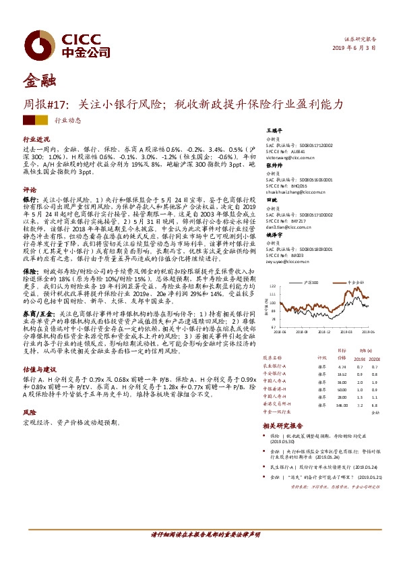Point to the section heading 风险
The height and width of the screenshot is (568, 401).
tap(30, 411)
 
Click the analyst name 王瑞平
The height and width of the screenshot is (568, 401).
tap(274, 130)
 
